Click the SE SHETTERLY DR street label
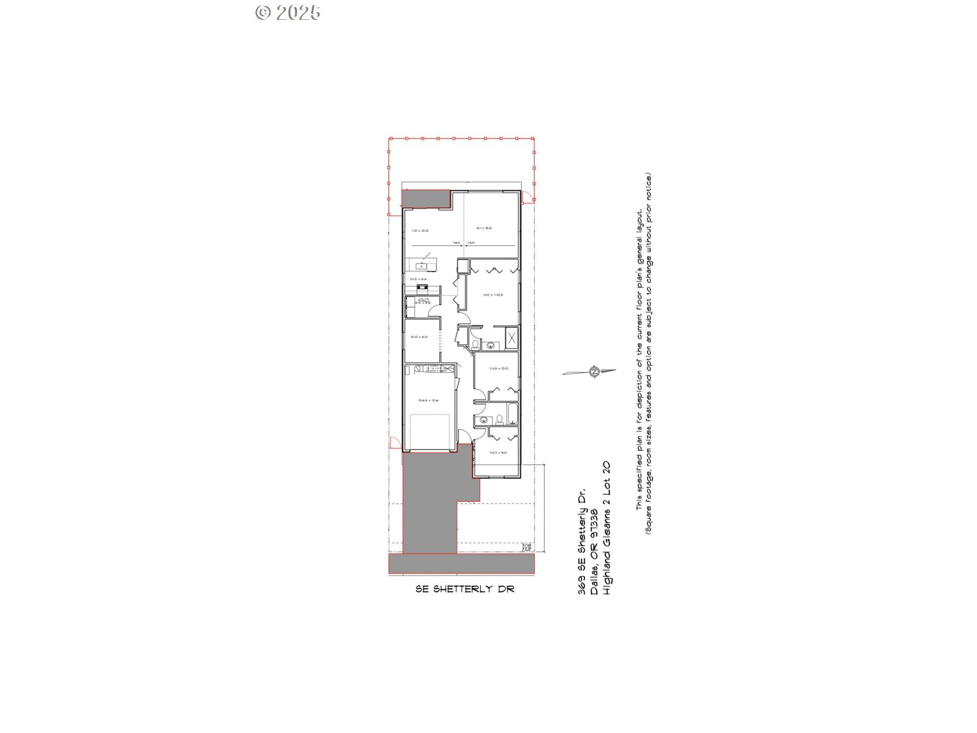tap(465, 589)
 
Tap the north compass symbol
tap(593, 372)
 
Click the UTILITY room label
tap(423, 299)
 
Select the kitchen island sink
tap(421, 266)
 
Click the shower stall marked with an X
tap(512, 337)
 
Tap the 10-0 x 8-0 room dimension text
tap(419, 337)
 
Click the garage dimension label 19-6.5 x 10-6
tap(428, 401)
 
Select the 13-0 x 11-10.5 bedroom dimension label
tap(493, 295)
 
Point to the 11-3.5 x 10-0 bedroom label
tap(498, 369)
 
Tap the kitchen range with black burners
tap(422, 288)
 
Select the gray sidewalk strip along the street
tap(461, 563)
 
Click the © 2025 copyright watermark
tap(288, 12)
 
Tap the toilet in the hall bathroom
tap(500, 420)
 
